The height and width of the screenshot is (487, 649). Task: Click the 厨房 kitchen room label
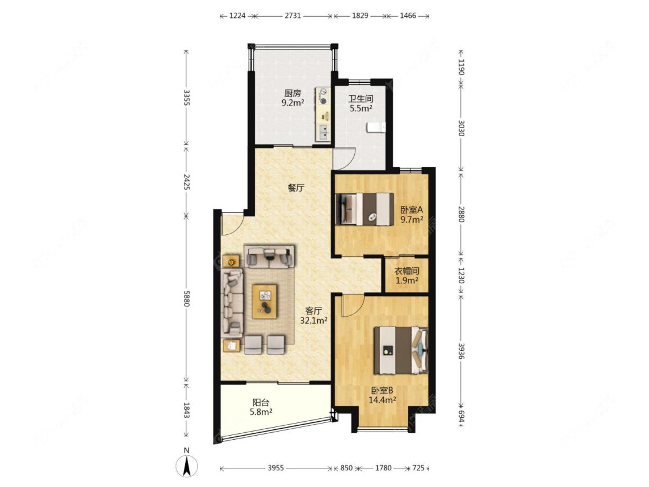(292, 93)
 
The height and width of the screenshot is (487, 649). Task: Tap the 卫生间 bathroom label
(361, 99)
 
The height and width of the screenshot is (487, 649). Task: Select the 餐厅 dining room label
(296, 188)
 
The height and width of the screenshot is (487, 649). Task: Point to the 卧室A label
(411, 210)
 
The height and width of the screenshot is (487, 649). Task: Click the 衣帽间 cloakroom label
(407, 271)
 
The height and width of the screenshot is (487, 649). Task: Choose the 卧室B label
(382, 390)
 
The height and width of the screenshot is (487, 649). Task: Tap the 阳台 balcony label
(261, 402)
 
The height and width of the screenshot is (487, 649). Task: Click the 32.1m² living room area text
(314, 320)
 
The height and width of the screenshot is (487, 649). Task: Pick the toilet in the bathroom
(376, 127)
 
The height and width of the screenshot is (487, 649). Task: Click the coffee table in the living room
(265, 301)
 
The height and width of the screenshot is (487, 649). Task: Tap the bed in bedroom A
(364, 209)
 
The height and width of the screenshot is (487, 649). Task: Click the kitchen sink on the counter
(323, 132)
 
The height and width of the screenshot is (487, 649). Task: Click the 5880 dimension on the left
(187, 298)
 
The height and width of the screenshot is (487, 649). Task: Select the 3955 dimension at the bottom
(276, 468)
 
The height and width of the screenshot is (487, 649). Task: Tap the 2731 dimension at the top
(292, 16)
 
